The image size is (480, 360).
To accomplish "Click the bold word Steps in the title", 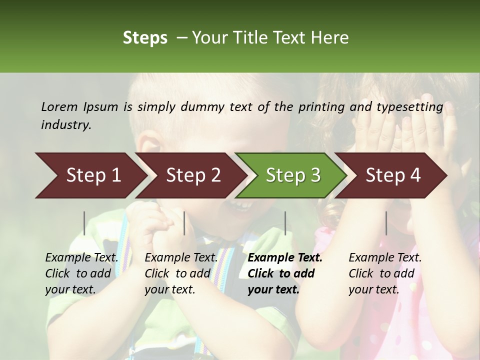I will pos(145,38).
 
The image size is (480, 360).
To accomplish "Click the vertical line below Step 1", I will pos(84,223).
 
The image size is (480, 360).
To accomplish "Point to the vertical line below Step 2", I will pos(184,223).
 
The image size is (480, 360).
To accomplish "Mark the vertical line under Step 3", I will pos(285,223).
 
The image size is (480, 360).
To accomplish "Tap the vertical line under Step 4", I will pos(386,223).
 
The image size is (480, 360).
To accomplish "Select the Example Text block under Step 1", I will pos(82,273).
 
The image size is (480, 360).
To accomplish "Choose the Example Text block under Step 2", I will pos(181,273).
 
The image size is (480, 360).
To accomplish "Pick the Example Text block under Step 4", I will pos(385,273).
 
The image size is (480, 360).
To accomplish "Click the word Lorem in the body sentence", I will pos(59,106).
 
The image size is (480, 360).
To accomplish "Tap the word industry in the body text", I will pos(66,125).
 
